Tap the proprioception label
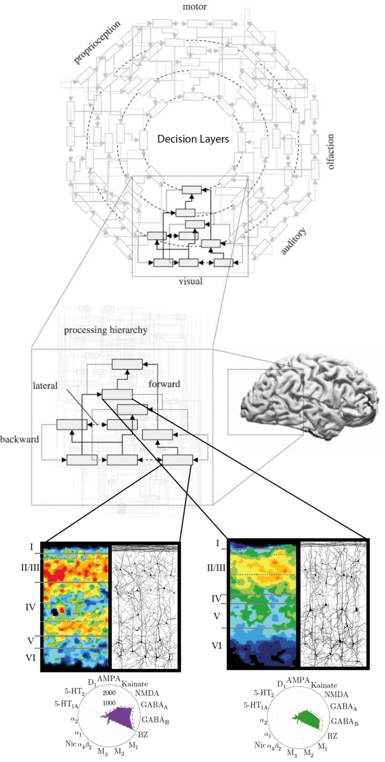(x=97, y=42)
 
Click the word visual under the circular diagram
(x=190, y=281)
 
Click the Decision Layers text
(x=193, y=139)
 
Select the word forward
(x=164, y=384)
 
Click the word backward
(x=19, y=439)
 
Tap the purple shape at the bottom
(x=119, y=718)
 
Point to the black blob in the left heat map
(x=54, y=612)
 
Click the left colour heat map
(x=76, y=607)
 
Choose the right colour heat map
(x=263, y=604)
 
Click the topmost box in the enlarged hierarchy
(x=127, y=364)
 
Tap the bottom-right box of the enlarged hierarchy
(x=177, y=459)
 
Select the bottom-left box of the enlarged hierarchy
(x=82, y=460)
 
